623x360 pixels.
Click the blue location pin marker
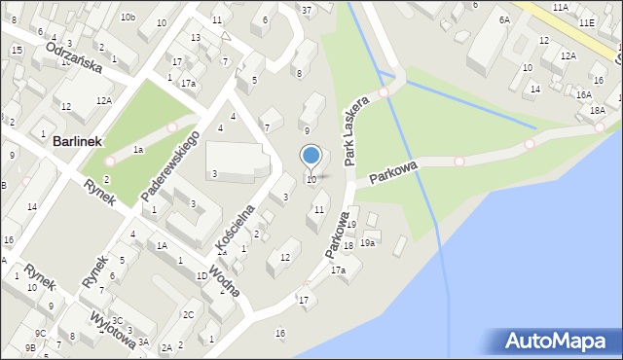point(311,156)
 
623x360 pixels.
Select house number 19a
point(367,242)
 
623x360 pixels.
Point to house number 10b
point(128,18)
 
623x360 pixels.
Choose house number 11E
point(586,21)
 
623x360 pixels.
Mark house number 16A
point(583,94)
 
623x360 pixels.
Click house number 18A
point(597,111)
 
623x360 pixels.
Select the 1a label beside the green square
point(138,150)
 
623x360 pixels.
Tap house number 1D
point(201,276)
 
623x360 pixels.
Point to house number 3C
point(117,320)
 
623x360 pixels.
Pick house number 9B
point(30,347)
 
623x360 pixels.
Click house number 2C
point(188,314)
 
